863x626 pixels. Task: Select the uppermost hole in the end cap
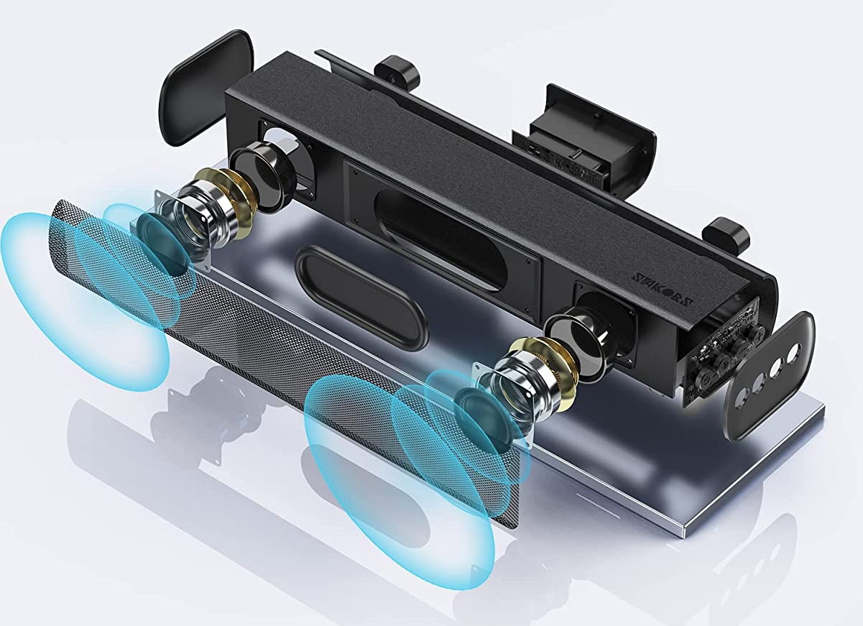click(793, 353)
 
